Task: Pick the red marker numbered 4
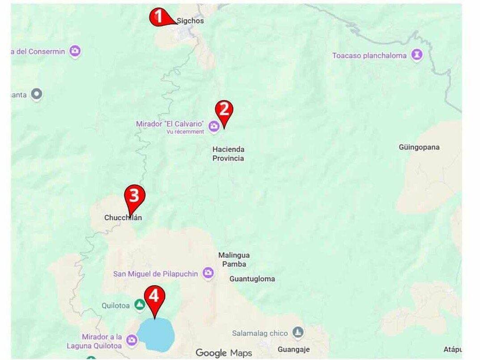(x=154, y=297)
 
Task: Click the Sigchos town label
(x=190, y=21)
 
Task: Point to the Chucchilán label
(x=123, y=218)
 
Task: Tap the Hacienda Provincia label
(x=228, y=154)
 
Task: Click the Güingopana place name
(x=419, y=147)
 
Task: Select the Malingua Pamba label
(x=234, y=259)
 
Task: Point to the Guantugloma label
(x=252, y=279)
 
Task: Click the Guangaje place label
(x=293, y=349)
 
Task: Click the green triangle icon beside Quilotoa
(x=140, y=305)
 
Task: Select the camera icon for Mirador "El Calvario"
(x=214, y=126)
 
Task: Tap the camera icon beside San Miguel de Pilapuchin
(x=208, y=273)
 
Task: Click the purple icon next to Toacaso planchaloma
(x=417, y=55)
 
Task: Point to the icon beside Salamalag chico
(x=298, y=333)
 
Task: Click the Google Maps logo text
(x=224, y=353)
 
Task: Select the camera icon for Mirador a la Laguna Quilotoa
(x=131, y=340)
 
